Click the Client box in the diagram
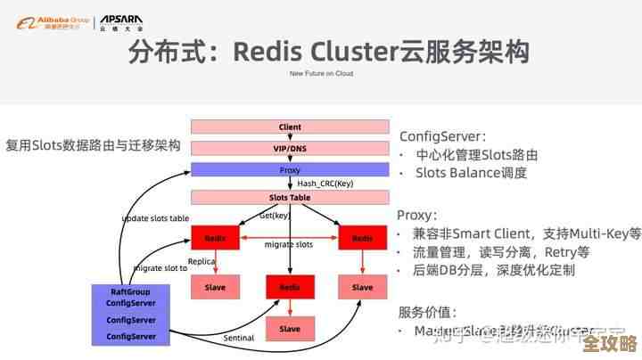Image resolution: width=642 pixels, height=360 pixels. (x=290, y=127)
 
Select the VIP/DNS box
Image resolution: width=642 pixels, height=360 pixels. (x=290, y=148)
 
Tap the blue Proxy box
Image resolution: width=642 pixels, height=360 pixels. (x=290, y=169)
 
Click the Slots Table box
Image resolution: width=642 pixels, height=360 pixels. (x=290, y=197)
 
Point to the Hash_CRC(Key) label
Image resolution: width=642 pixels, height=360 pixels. (x=325, y=184)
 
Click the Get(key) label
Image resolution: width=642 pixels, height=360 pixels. (x=275, y=216)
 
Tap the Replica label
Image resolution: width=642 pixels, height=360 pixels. (x=202, y=262)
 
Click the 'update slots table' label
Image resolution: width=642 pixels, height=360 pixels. (x=155, y=218)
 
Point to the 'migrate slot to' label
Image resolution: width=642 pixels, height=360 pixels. (x=160, y=267)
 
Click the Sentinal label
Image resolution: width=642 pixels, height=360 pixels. (x=238, y=338)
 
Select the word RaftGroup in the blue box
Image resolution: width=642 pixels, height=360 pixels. (x=132, y=291)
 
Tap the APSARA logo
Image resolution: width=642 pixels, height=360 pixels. (x=119, y=21)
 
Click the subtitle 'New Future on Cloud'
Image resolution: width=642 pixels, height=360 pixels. (x=320, y=74)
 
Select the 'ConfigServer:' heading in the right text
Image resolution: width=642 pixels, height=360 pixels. (x=442, y=136)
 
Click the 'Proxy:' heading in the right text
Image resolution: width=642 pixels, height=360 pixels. (x=416, y=215)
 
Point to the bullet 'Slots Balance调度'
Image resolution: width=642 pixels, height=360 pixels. (x=471, y=173)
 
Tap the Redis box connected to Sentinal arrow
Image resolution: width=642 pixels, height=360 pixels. (x=290, y=287)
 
